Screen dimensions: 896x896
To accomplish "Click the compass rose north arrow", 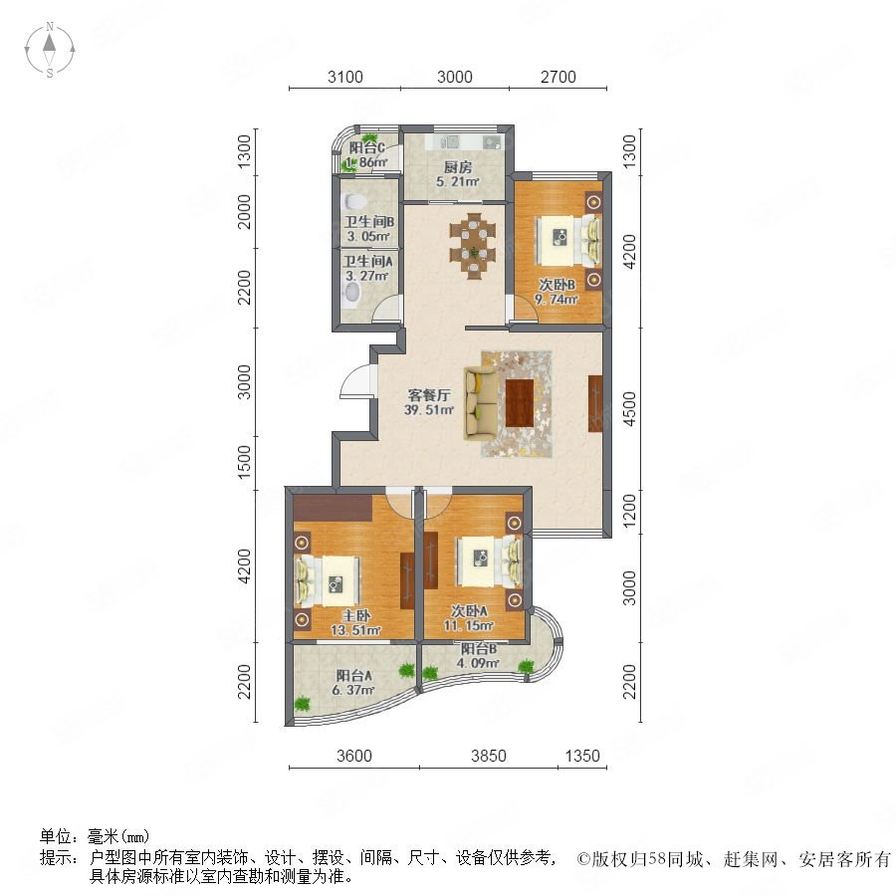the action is (x=50, y=43).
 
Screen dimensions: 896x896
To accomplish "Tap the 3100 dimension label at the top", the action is (x=345, y=77).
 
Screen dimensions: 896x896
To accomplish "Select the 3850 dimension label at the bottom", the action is (x=489, y=756).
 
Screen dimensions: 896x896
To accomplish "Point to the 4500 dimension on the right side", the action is (x=629, y=408).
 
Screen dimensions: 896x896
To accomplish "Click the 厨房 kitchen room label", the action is (x=457, y=167).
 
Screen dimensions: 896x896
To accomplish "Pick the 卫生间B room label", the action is (x=368, y=222).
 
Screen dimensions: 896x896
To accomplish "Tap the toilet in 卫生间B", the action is (x=354, y=202).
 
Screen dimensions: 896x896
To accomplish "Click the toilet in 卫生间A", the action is (x=353, y=294).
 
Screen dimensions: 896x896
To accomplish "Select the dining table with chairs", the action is (x=473, y=246).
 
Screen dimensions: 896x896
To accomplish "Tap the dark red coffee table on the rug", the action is (x=520, y=403).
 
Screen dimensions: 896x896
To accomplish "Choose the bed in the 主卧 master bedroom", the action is (x=329, y=580).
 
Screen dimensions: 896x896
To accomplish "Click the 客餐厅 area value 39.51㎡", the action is (x=429, y=410).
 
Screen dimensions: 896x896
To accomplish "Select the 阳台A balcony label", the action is (x=353, y=675).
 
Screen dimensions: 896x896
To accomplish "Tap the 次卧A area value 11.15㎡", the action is (x=469, y=626).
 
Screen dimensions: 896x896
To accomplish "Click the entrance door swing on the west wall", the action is (x=356, y=380).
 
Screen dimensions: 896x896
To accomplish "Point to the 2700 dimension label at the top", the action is (x=559, y=77).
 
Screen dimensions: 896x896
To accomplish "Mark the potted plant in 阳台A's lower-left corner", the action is (x=303, y=704).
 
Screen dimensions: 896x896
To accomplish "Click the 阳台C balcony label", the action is (x=366, y=148).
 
